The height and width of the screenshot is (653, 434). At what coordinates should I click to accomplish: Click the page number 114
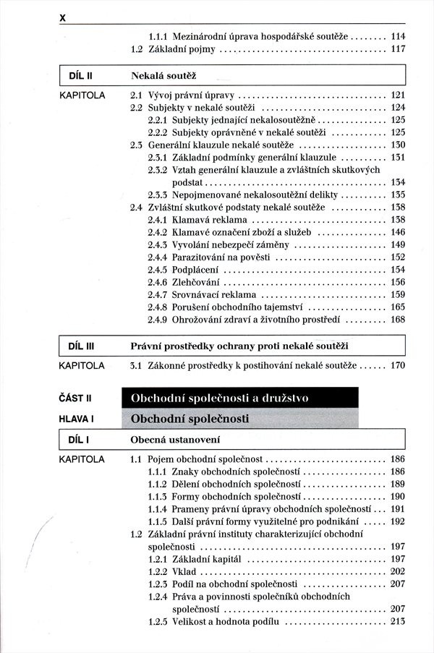coord(397,35)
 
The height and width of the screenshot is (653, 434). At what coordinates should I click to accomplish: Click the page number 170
coord(397,365)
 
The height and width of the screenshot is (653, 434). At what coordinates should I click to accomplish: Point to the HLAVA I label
coord(77,418)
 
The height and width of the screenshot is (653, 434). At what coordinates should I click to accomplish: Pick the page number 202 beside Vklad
coord(397,571)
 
